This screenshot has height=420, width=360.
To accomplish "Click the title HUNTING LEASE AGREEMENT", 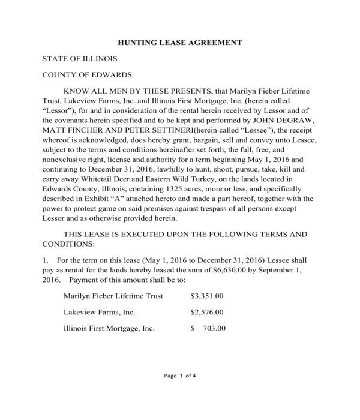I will [x=179, y=43].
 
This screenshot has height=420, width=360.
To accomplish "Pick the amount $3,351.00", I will [x=206, y=296].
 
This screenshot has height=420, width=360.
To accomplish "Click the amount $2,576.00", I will [x=206, y=313].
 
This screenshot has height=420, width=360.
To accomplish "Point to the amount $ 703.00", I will [x=208, y=329].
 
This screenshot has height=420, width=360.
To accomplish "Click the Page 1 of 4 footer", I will [x=179, y=377].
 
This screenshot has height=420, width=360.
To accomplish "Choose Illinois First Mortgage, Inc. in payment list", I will [x=109, y=329].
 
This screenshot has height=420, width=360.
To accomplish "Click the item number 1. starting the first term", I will [x=45, y=261].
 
